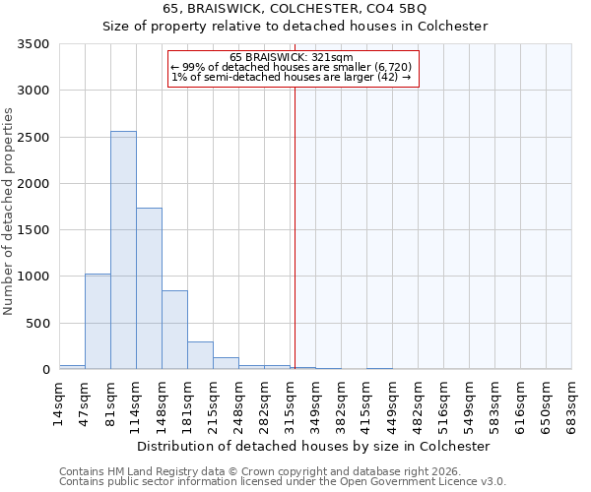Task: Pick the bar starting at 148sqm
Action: (174, 330)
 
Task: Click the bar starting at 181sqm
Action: (200, 355)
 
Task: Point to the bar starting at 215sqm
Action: (226, 363)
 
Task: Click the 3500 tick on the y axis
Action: (32, 44)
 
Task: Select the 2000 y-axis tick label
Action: (32, 184)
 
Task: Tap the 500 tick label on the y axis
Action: (36, 324)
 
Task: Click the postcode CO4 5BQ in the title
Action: (394, 9)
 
